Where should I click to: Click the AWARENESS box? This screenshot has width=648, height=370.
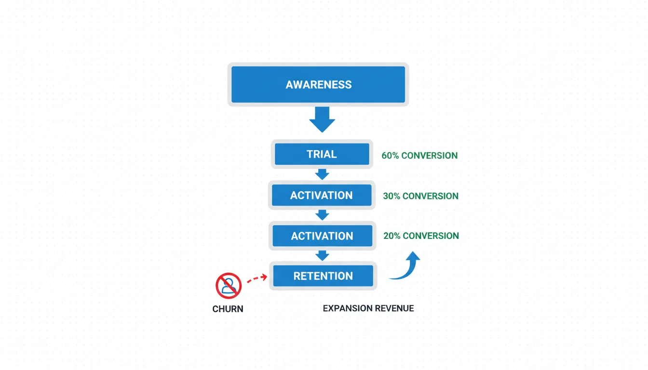(x=318, y=85)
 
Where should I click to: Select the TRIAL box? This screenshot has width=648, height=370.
(x=322, y=154)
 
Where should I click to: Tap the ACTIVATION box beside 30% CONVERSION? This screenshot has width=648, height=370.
(x=322, y=195)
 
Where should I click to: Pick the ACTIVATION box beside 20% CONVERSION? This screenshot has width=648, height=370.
(x=322, y=236)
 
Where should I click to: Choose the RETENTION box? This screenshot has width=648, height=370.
(x=323, y=276)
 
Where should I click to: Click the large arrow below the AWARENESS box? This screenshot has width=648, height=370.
(x=322, y=119)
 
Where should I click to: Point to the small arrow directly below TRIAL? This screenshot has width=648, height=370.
(x=322, y=174)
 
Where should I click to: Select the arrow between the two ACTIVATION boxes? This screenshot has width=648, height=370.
(x=322, y=215)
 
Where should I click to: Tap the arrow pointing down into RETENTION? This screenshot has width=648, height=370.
(x=322, y=255)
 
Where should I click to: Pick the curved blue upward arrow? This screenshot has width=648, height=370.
(x=406, y=266)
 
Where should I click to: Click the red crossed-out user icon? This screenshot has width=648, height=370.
(x=228, y=285)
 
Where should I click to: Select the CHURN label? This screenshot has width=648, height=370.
(x=228, y=309)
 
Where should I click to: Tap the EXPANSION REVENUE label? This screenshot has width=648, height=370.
(x=368, y=308)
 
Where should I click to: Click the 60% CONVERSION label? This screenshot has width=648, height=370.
(x=419, y=156)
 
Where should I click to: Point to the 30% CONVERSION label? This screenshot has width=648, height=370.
(x=420, y=196)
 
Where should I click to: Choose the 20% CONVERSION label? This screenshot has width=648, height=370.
(x=421, y=236)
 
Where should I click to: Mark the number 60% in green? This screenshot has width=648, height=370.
(x=390, y=156)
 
